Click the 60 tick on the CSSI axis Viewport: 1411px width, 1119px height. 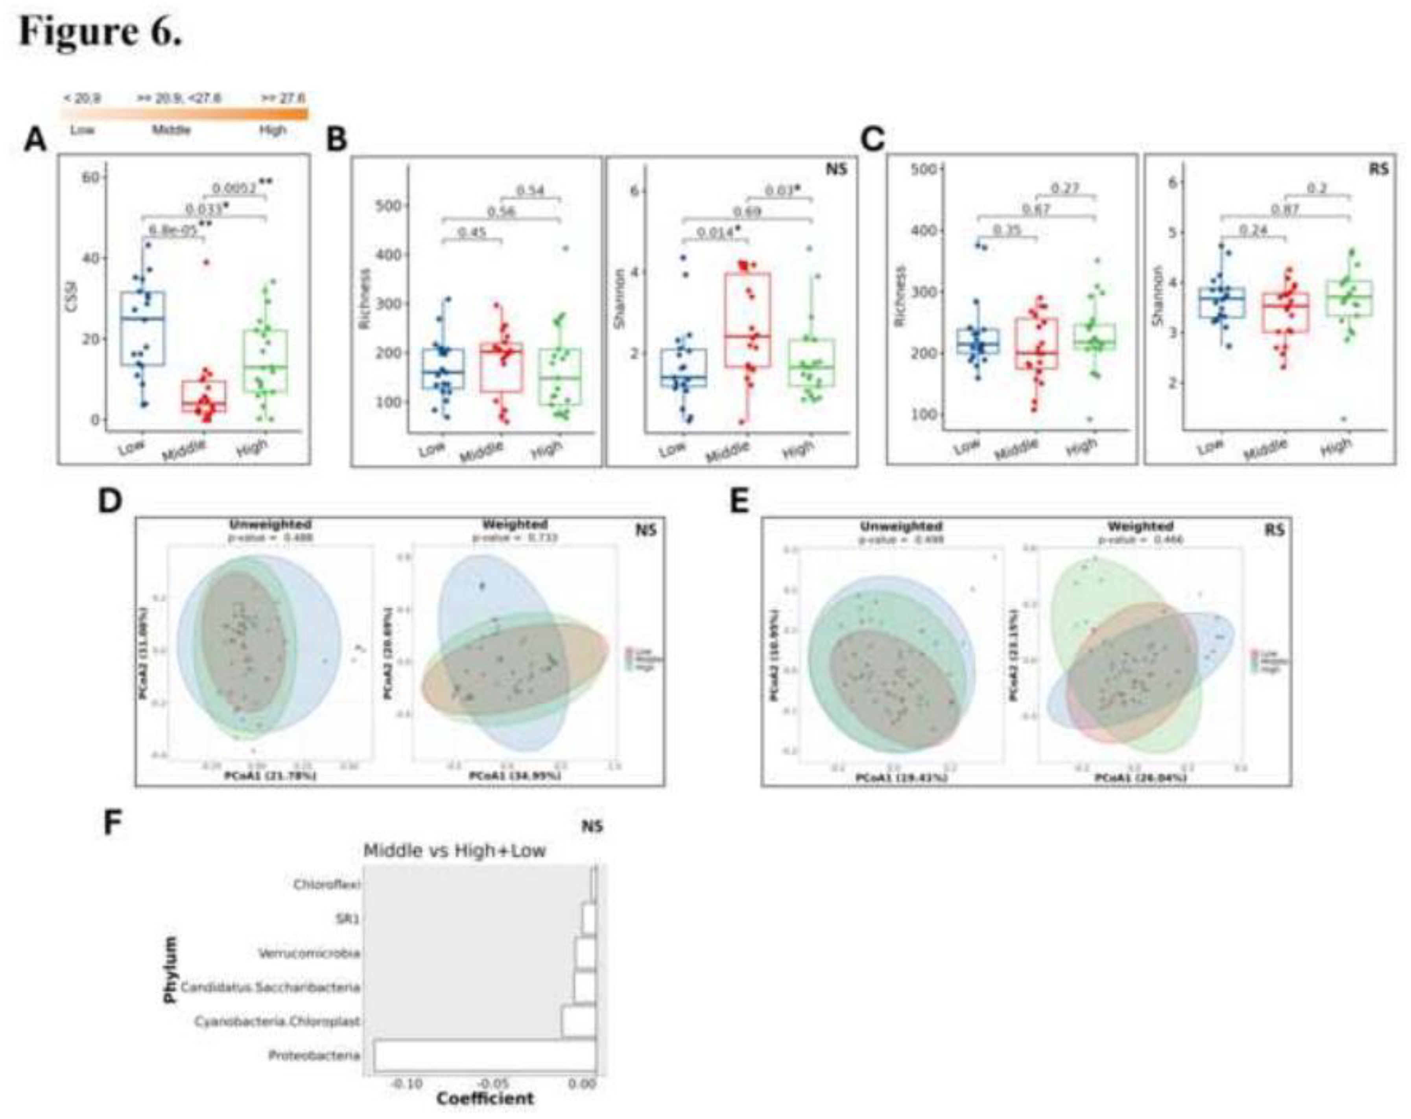(90, 178)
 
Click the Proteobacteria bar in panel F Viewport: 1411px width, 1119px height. (484, 1056)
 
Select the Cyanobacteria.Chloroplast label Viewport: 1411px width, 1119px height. (277, 1021)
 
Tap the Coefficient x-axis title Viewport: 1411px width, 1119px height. (485, 1098)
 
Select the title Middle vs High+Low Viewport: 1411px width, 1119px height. (454, 851)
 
